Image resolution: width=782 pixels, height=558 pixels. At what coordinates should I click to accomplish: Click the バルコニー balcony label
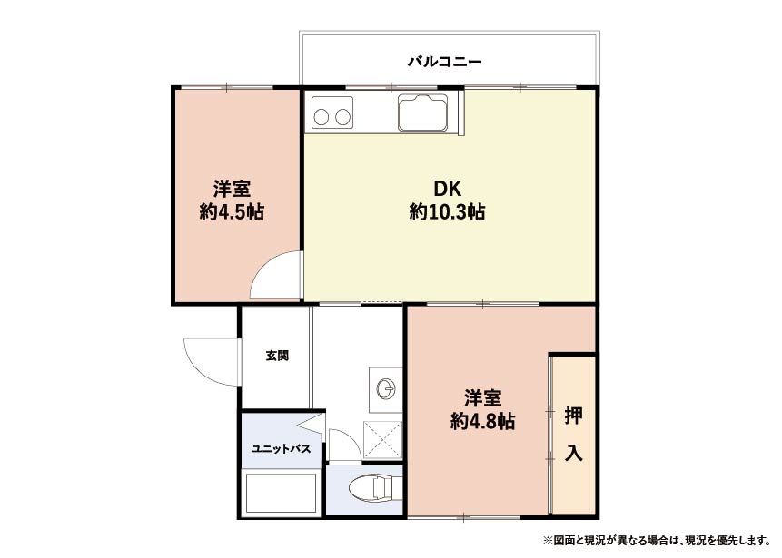coord(445,62)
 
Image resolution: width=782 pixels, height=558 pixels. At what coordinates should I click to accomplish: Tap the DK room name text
coord(447,190)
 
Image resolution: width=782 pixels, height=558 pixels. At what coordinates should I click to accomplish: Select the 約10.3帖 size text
coord(447,212)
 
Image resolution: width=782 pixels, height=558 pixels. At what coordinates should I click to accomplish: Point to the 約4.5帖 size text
coord(232,212)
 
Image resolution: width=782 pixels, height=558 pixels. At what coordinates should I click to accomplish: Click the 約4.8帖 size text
coord(483,422)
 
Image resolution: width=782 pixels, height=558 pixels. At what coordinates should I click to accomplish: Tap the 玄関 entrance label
coord(277,356)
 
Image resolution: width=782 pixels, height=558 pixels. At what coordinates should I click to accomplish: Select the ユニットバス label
coord(281,449)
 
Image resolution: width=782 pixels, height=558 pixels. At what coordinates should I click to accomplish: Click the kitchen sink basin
coord(422,113)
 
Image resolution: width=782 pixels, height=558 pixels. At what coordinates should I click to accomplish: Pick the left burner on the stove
coord(322,118)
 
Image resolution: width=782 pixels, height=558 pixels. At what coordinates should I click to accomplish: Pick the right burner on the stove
coord(343,118)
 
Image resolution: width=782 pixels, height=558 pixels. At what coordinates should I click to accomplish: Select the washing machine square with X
coord(382,440)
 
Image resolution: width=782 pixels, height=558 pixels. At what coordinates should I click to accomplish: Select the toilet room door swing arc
coord(350,436)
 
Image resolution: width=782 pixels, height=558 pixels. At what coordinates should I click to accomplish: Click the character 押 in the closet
coord(573,416)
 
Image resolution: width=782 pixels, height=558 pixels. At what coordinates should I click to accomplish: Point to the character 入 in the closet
coord(573,454)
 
